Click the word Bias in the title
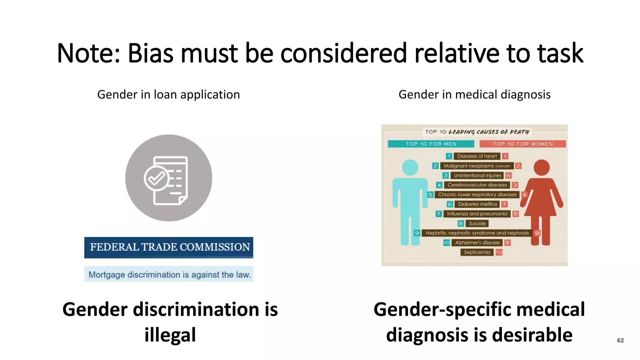[150, 53]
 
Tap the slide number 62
[620, 340]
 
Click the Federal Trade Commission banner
[169, 247]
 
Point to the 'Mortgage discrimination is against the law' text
[169, 274]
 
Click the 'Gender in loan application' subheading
[168, 94]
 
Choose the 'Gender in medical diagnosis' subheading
[474, 94]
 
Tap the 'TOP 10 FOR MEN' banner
[431, 144]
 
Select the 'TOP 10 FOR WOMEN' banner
[522, 144]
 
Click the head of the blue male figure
[410, 167]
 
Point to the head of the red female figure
[542, 167]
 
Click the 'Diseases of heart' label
[477, 156]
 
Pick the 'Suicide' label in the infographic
[477, 223]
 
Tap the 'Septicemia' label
[477, 252]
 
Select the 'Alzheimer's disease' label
[477, 242]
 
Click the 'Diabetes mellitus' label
[477, 204]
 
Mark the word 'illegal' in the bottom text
[170, 335]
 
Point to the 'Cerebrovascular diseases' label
[477, 185]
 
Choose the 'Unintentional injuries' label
[477, 175]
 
